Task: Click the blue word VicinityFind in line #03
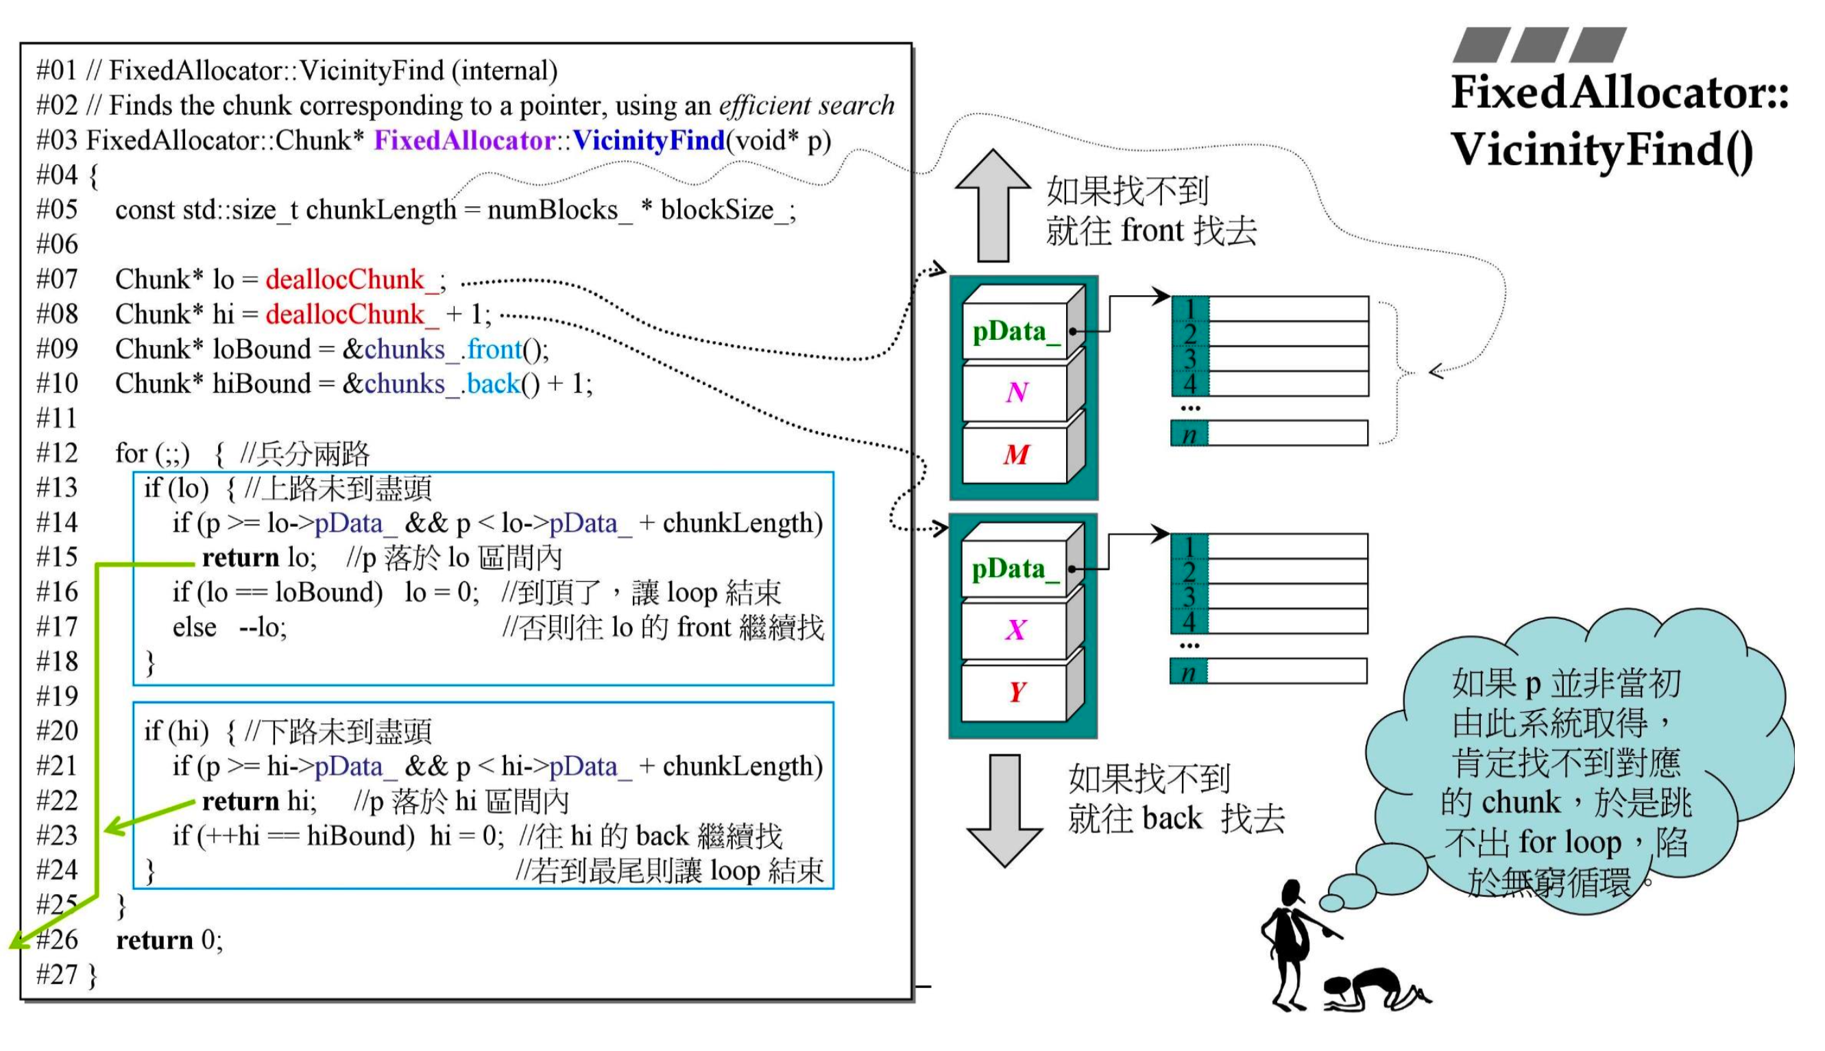click(649, 140)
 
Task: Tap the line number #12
click(57, 454)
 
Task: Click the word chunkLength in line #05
click(381, 210)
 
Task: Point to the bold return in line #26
click(154, 940)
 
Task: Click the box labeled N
click(1016, 392)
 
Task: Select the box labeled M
click(1016, 455)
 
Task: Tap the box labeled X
click(1015, 630)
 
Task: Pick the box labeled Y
click(1015, 692)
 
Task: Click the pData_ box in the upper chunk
click(1015, 332)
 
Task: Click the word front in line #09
click(495, 349)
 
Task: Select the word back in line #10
click(493, 384)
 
